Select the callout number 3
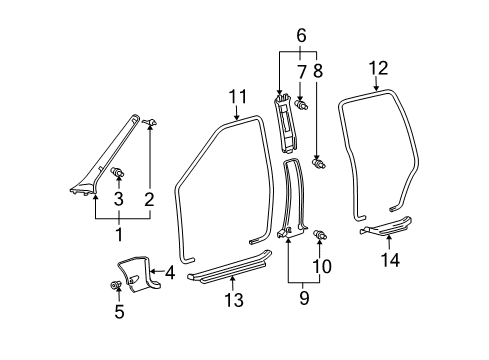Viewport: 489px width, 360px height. pos(119,199)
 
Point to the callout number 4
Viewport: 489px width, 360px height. pos(171,271)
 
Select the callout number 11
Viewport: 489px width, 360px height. pos(236,97)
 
